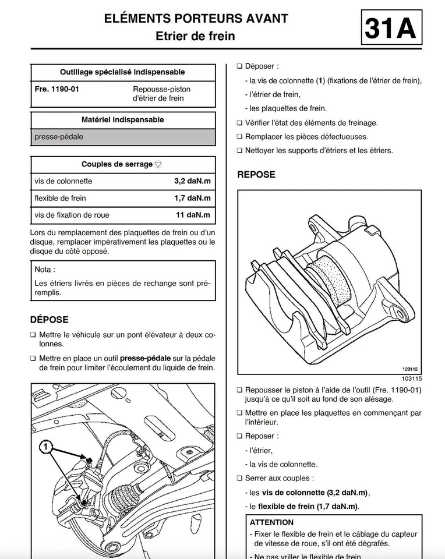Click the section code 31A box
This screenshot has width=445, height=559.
(x=390, y=29)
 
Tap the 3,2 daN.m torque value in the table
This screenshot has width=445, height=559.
(x=192, y=181)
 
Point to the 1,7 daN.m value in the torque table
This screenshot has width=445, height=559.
(x=192, y=198)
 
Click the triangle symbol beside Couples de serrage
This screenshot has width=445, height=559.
(x=159, y=165)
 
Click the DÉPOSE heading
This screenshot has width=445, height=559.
(x=50, y=320)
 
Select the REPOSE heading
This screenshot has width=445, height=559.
(x=256, y=174)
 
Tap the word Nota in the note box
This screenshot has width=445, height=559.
(x=45, y=270)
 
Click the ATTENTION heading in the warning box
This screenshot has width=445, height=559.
(x=271, y=522)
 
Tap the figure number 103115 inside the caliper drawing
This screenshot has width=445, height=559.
(x=411, y=369)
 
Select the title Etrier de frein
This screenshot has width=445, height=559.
(x=195, y=36)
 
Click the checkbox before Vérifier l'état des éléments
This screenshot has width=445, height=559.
(x=239, y=123)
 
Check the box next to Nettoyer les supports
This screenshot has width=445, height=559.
(x=239, y=151)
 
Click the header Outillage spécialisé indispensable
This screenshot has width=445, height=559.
(x=122, y=72)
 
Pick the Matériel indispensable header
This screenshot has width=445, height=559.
(x=122, y=120)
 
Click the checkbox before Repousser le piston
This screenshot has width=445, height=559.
(x=239, y=390)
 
